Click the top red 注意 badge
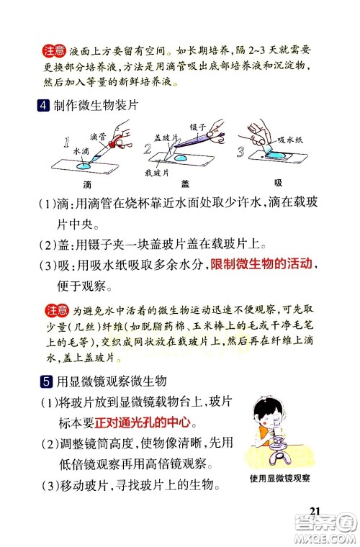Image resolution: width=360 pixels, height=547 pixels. (x=54, y=51)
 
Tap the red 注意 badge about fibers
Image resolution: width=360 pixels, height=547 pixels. (x=55, y=311)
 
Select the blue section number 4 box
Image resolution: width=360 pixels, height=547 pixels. (x=45, y=107)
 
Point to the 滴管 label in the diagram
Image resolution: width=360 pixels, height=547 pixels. (x=99, y=136)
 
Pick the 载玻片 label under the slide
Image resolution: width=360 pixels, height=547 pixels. (x=156, y=173)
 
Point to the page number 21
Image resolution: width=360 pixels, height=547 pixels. (x=314, y=510)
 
